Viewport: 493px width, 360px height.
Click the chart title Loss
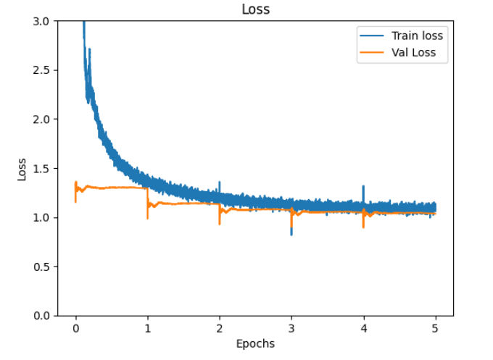255,9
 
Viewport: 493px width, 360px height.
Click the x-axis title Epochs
255,343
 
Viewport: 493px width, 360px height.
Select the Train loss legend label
417,35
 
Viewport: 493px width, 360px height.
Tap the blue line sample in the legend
370,35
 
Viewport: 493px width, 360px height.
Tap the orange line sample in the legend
370,52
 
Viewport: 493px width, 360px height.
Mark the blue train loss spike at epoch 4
363,188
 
